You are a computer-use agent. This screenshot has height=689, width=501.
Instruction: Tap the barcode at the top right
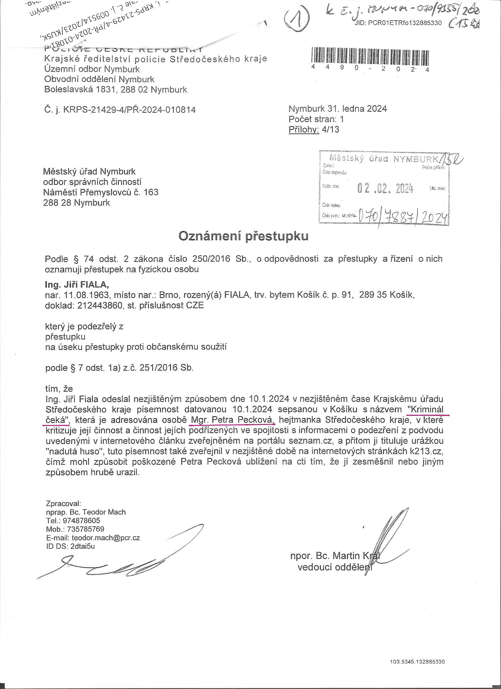click(370, 56)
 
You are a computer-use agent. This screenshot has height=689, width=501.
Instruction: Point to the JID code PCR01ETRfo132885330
click(398, 23)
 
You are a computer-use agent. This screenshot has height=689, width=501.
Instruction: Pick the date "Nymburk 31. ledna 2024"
click(337, 109)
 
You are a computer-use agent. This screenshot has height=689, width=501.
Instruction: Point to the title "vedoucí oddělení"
click(335, 567)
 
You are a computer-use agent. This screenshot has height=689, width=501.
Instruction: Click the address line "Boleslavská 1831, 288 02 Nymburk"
click(116, 90)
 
